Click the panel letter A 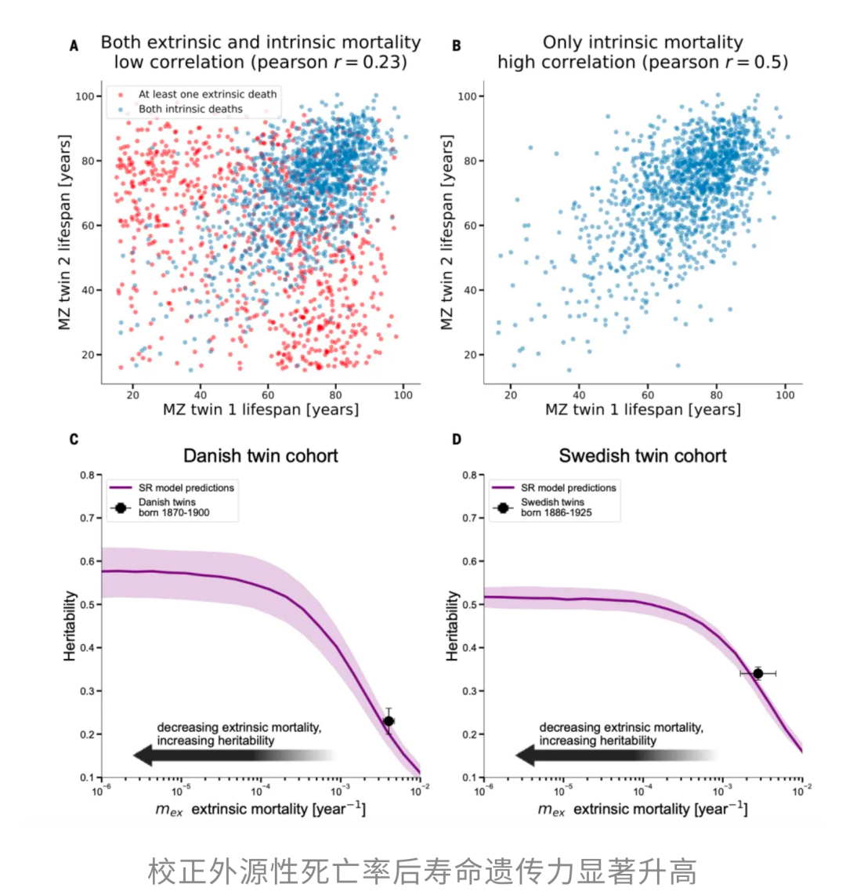click(74, 46)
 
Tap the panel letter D click(456, 439)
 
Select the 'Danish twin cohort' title click(261, 456)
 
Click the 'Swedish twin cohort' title click(642, 456)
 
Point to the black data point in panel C click(389, 721)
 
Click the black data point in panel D click(757, 673)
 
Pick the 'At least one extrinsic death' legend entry click(208, 94)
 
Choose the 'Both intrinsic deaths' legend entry click(190, 109)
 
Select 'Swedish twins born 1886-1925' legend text click(556, 507)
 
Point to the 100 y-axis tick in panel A click(84, 96)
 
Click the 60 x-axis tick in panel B click(648, 395)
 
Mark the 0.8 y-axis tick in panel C click(86, 475)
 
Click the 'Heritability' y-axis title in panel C click(70, 625)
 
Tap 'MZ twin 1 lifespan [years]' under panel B click(642, 410)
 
